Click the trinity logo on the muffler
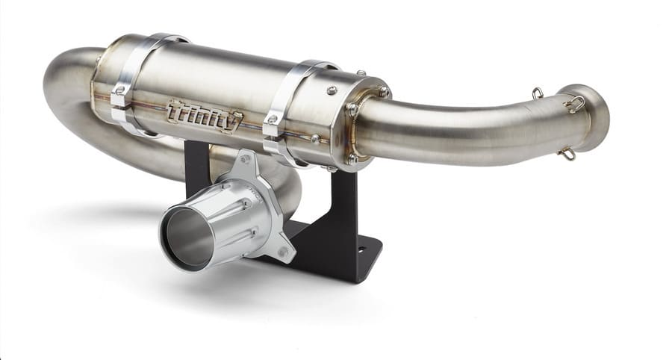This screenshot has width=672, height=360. tap(204, 116)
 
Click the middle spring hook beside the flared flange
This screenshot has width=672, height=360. tap(574, 104)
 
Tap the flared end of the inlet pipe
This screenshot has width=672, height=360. tap(594, 118)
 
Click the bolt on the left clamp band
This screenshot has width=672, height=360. tap(118, 93)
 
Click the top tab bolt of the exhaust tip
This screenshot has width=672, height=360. tap(243, 156)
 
